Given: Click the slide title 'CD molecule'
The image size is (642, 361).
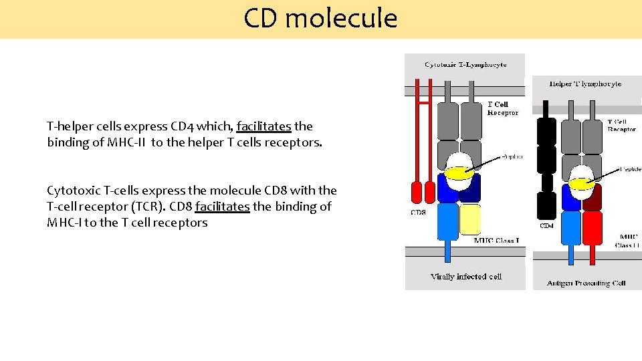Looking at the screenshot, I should click(320, 18).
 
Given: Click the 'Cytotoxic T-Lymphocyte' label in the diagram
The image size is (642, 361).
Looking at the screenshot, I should click(465, 65).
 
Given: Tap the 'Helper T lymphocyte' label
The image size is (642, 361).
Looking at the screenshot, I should click(585, 84).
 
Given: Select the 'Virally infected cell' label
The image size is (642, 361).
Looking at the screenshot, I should click(466, 276).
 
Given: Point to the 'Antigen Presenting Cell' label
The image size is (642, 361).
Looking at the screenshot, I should click(586, 283).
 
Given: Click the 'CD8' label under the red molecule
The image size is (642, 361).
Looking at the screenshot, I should click(417, 213).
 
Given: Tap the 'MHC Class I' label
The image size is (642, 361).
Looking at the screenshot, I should click(497, 240).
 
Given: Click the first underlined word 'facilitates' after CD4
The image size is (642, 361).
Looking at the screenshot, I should click(263, 126).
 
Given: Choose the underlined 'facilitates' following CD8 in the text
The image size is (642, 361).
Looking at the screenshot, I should click(222, 207).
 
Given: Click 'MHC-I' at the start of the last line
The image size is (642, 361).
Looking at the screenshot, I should click(63, 223).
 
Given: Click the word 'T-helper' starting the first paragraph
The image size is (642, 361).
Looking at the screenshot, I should click(68, 126).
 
